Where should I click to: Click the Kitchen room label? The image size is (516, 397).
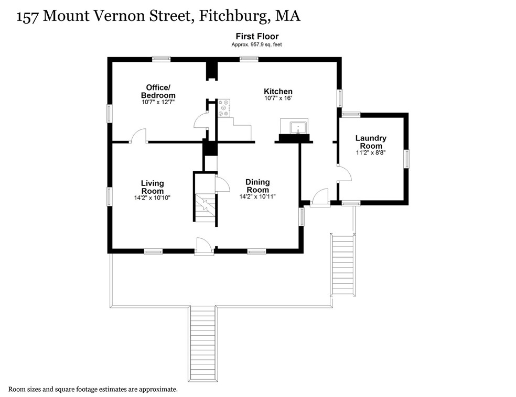pos(278,91)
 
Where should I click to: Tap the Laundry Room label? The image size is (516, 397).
pos(371,142)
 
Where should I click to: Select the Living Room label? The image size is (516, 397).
pos(153,187)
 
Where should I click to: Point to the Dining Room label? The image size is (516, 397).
pos(257,186)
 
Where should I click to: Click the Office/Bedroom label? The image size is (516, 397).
pos(158,91)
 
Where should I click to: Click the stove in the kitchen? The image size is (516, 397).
pos(224,108)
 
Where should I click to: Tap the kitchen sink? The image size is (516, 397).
pos(298,128)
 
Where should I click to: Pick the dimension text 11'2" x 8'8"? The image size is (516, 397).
pos(371,152)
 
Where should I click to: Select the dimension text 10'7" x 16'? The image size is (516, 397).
pos(278,98)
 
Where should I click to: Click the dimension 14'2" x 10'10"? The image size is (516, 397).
pos(152,198)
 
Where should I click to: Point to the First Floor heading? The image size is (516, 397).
pos(257,36)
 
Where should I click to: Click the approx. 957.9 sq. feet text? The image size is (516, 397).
pos(256,45)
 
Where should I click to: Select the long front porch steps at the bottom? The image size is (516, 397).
pos(203,344)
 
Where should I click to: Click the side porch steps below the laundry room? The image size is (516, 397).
pos(343,265)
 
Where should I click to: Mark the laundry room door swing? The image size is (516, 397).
pos(345,173)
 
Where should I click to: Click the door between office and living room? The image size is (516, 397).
pos(138,136)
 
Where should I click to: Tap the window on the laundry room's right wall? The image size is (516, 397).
pos(407,159)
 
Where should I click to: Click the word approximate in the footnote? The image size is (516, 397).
pos(158,390)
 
